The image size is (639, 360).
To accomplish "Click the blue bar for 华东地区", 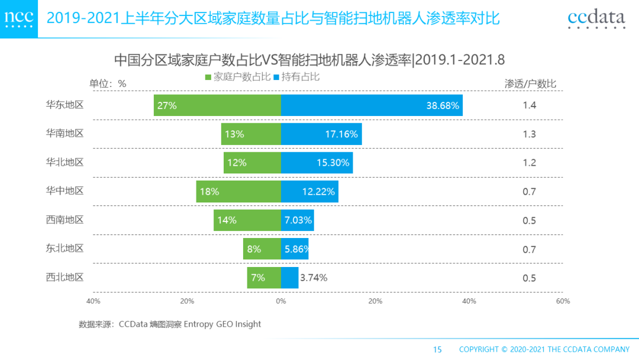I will coord(372,105).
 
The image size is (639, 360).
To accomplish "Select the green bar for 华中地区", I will coord(238,191).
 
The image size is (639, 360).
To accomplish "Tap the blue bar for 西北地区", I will coord(289,278).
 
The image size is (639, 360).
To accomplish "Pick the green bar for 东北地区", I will coord(262,249).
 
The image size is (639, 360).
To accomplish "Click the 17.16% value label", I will coord(341,134).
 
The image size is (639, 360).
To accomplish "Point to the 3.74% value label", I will coord(314,278).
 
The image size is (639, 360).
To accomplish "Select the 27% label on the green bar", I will coord(167,106).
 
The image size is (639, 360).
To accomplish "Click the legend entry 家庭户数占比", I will coord(238,77).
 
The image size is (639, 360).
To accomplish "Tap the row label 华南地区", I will coord(64,133).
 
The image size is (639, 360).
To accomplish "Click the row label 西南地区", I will coord(64,220).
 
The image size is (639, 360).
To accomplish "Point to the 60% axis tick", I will coord(563,301).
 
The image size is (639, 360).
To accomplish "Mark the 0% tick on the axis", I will coord(281,301).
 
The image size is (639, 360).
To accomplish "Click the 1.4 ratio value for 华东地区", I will coord(529,106).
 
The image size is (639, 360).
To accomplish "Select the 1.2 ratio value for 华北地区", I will coord(529,163).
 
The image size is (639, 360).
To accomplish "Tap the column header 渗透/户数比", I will coord(530,83).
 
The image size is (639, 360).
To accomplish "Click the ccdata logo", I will coord(596,19).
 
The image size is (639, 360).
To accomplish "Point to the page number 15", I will coord(437,349).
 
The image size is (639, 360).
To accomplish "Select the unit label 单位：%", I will coord(108,83).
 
